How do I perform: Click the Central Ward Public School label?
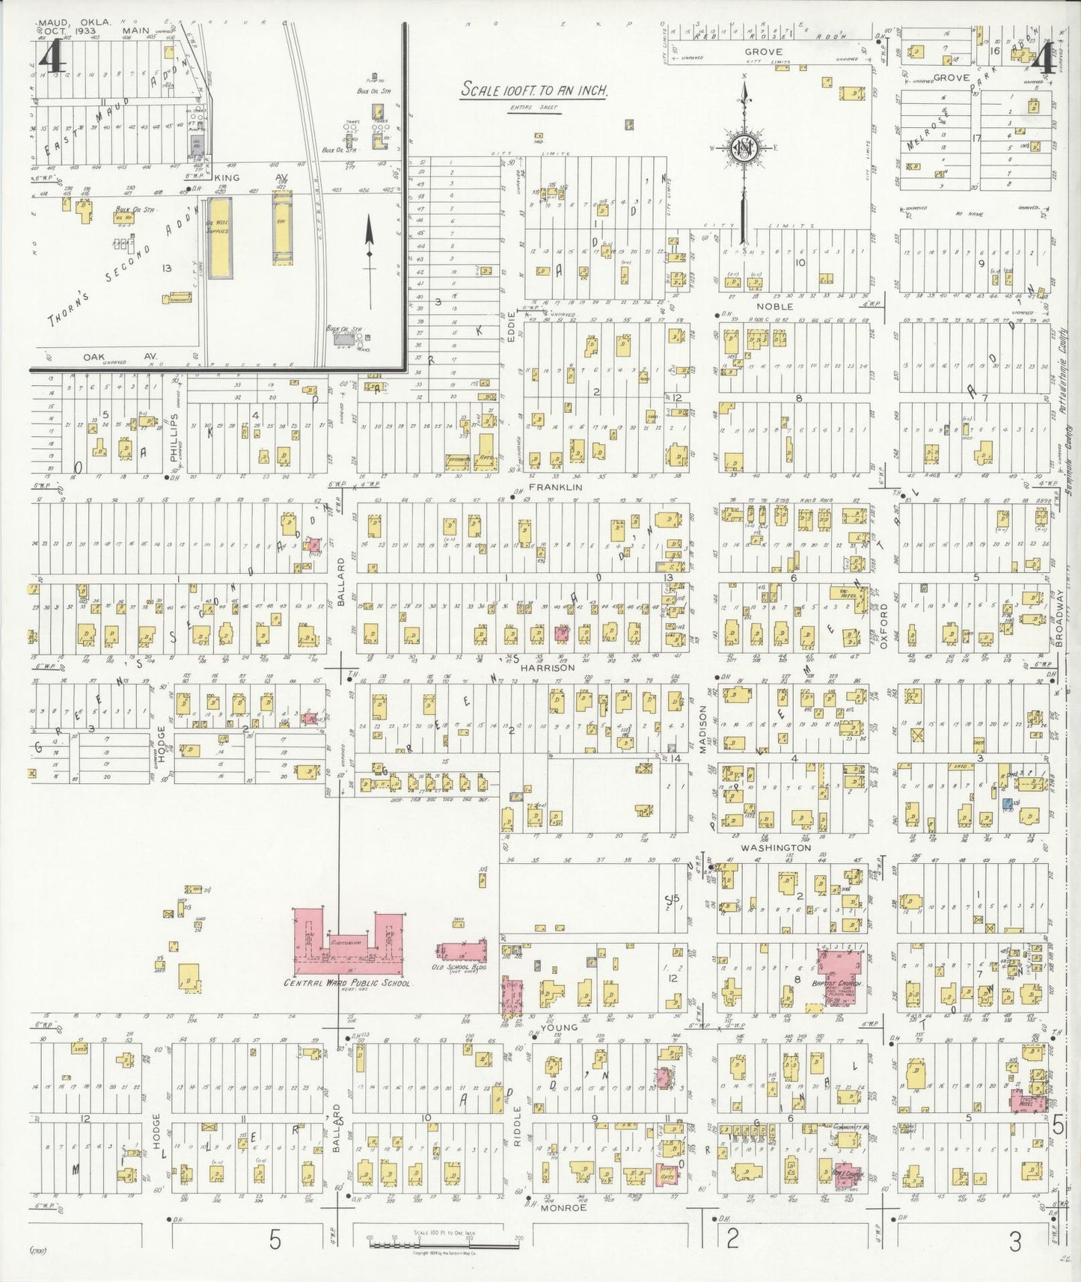coord(346,983)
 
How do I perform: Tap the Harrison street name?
coord(547,667)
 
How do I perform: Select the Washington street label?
coord(776,847)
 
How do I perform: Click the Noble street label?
coord(774,307)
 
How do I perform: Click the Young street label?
coord(559,1027)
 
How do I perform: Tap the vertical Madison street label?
coord(703,725)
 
